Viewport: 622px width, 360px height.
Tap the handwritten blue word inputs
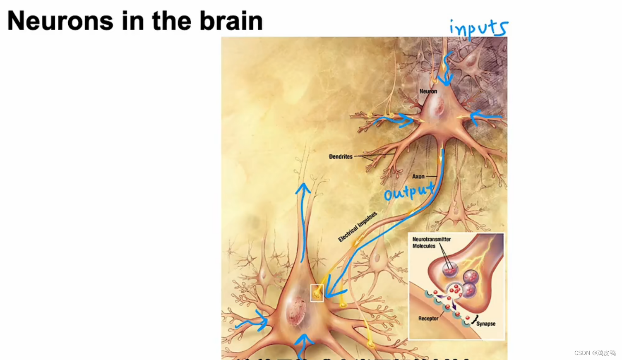479,29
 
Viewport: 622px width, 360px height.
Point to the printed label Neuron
428,91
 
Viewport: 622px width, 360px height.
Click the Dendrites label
341,157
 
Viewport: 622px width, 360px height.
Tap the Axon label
418,176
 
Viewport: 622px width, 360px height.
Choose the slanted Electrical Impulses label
358,227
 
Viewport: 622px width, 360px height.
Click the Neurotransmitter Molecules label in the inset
431,242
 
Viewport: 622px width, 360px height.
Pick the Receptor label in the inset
428,319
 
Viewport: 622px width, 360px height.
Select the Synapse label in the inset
485,324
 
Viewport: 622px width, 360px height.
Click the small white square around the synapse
317,293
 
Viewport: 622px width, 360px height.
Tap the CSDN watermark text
595,353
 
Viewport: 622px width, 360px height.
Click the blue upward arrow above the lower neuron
303,219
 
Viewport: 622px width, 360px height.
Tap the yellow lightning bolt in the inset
480,257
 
